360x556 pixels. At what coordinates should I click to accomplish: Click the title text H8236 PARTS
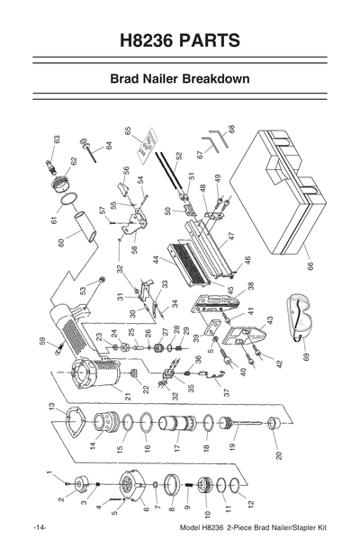click(179, 40)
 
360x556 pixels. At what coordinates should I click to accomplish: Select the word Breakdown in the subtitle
click(215, 79)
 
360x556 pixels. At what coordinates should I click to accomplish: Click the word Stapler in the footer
click(287, 527)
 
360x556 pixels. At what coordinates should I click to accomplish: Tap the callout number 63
click(56, 140)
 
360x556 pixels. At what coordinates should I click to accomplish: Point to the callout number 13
click(51, 407)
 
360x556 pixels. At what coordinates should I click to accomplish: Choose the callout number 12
click(251, 504)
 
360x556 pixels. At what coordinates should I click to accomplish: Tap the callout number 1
click(49, 474)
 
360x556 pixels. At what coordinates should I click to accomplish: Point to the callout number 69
click(305, 357)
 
